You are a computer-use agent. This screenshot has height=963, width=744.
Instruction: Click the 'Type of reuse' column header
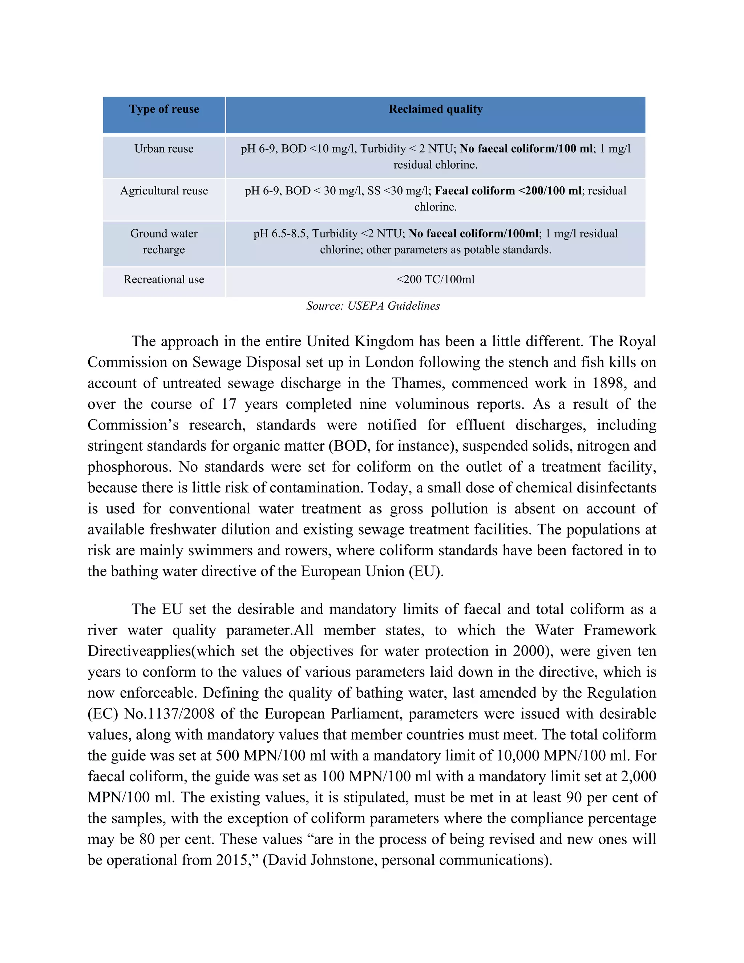[164, 109]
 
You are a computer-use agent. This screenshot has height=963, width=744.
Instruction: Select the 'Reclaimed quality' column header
[436, 109]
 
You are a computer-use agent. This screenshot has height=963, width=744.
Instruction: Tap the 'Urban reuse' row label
[164, 149]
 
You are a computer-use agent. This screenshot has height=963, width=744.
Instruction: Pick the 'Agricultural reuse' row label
[164, 191]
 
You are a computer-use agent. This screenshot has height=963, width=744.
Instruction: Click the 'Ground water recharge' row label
[164, 242]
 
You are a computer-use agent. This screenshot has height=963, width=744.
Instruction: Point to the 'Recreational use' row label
[164, 279]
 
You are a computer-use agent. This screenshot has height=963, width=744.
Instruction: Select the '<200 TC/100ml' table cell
[436, 279]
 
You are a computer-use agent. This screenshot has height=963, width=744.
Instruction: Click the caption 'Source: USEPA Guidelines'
[373, 306]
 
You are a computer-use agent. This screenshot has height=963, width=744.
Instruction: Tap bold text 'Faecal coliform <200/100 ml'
[508, 191]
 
